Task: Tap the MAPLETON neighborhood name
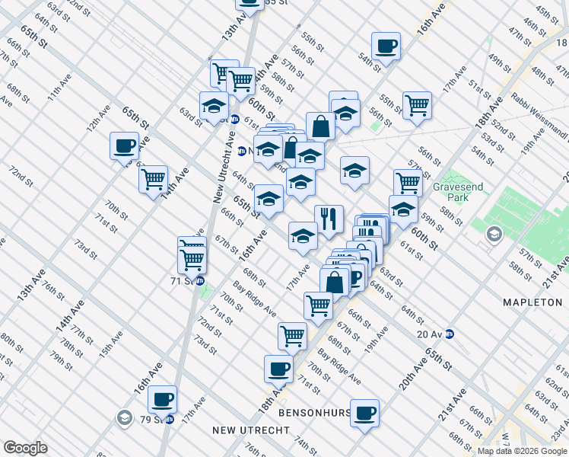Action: (532, 302)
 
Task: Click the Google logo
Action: (25, 448)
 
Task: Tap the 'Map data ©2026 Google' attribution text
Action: (523, 451)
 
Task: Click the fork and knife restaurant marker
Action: (329, 219)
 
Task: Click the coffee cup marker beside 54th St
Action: (386, 46)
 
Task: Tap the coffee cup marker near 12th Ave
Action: (124, 145)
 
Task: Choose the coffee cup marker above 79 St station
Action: (162, 398)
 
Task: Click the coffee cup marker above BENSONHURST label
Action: (365, 413)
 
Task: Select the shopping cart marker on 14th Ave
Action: (153, 180)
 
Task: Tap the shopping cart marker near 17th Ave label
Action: (318, 305)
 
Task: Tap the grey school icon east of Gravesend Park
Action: (495, 233)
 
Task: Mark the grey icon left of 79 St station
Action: (124, 417)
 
